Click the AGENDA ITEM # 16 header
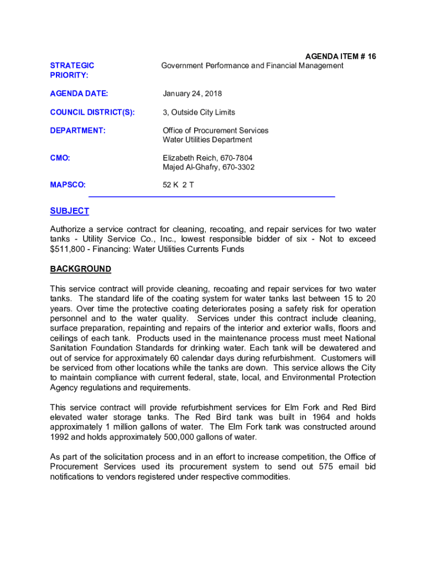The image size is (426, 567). click(341, 56)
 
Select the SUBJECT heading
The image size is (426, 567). click(69, 211)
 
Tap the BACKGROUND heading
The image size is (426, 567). click(80, 269)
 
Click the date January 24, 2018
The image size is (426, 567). click(192, 94)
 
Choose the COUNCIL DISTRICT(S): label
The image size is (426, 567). click(92, 112)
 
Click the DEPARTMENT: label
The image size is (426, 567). click(77, 131)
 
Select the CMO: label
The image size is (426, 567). click(60, 158)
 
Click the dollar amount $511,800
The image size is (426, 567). click(69, 249)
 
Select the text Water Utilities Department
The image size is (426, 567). click(207, 140)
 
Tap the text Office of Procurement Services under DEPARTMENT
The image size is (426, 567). click(215, 131)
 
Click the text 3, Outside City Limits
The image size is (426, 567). click(199, 112)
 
